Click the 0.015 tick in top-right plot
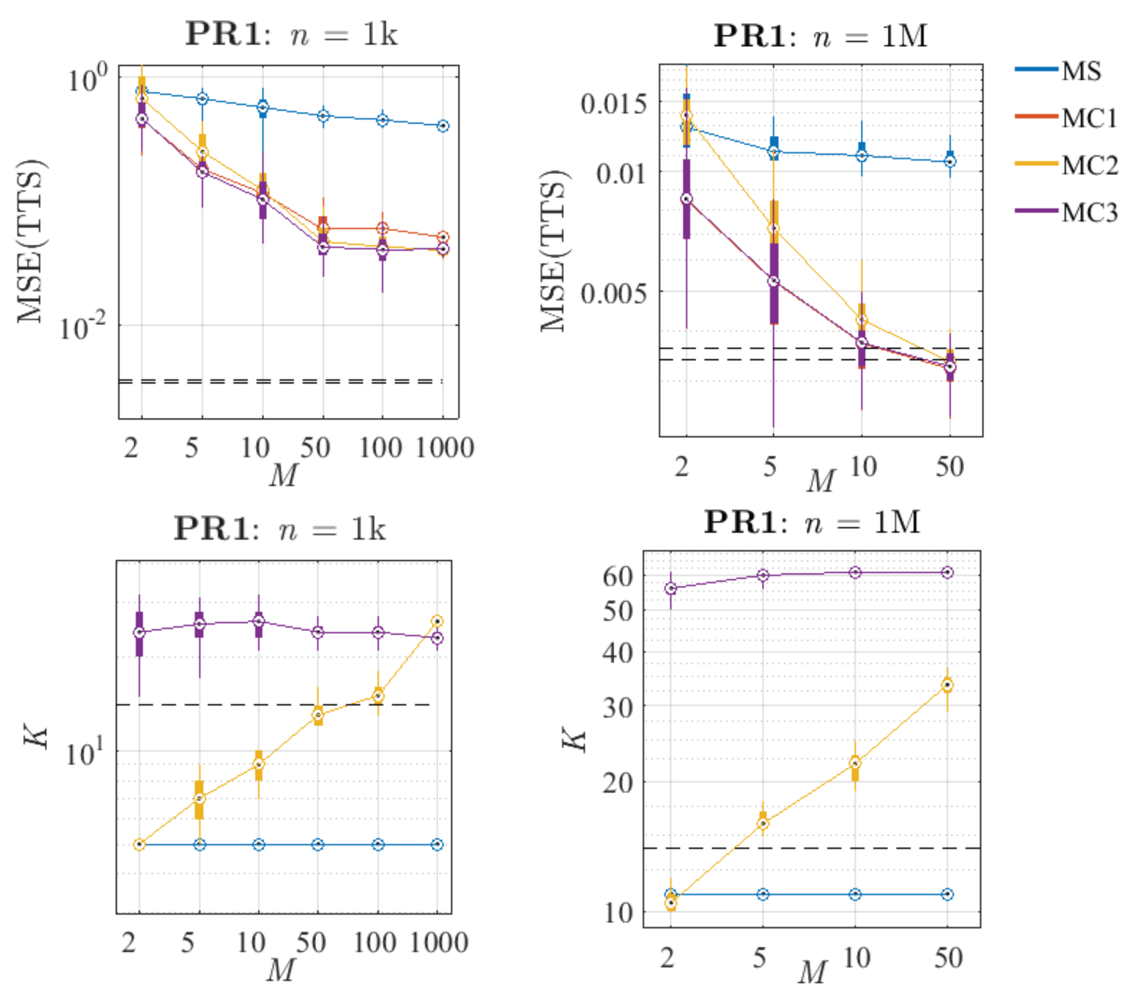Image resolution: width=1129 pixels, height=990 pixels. tap(613, 103)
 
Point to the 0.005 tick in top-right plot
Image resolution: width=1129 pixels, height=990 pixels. tap(613, 293)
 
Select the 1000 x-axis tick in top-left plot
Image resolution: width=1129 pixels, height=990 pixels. tap(444, 448)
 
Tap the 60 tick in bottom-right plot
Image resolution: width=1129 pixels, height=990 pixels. tap(618, 577)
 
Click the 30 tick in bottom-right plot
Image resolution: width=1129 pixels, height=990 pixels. tap(618, 707)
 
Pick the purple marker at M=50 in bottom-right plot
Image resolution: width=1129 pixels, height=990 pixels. tap(947, 572)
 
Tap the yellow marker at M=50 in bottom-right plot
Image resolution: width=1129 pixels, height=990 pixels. tap(947, 686)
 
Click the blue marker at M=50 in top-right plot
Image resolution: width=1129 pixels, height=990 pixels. tap(950, 162)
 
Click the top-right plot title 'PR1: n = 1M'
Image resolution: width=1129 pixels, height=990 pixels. tap(820, 36)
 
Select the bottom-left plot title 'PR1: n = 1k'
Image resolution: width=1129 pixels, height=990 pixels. tap(280, 529)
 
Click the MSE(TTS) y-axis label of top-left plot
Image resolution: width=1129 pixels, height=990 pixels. tap(31, 241)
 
